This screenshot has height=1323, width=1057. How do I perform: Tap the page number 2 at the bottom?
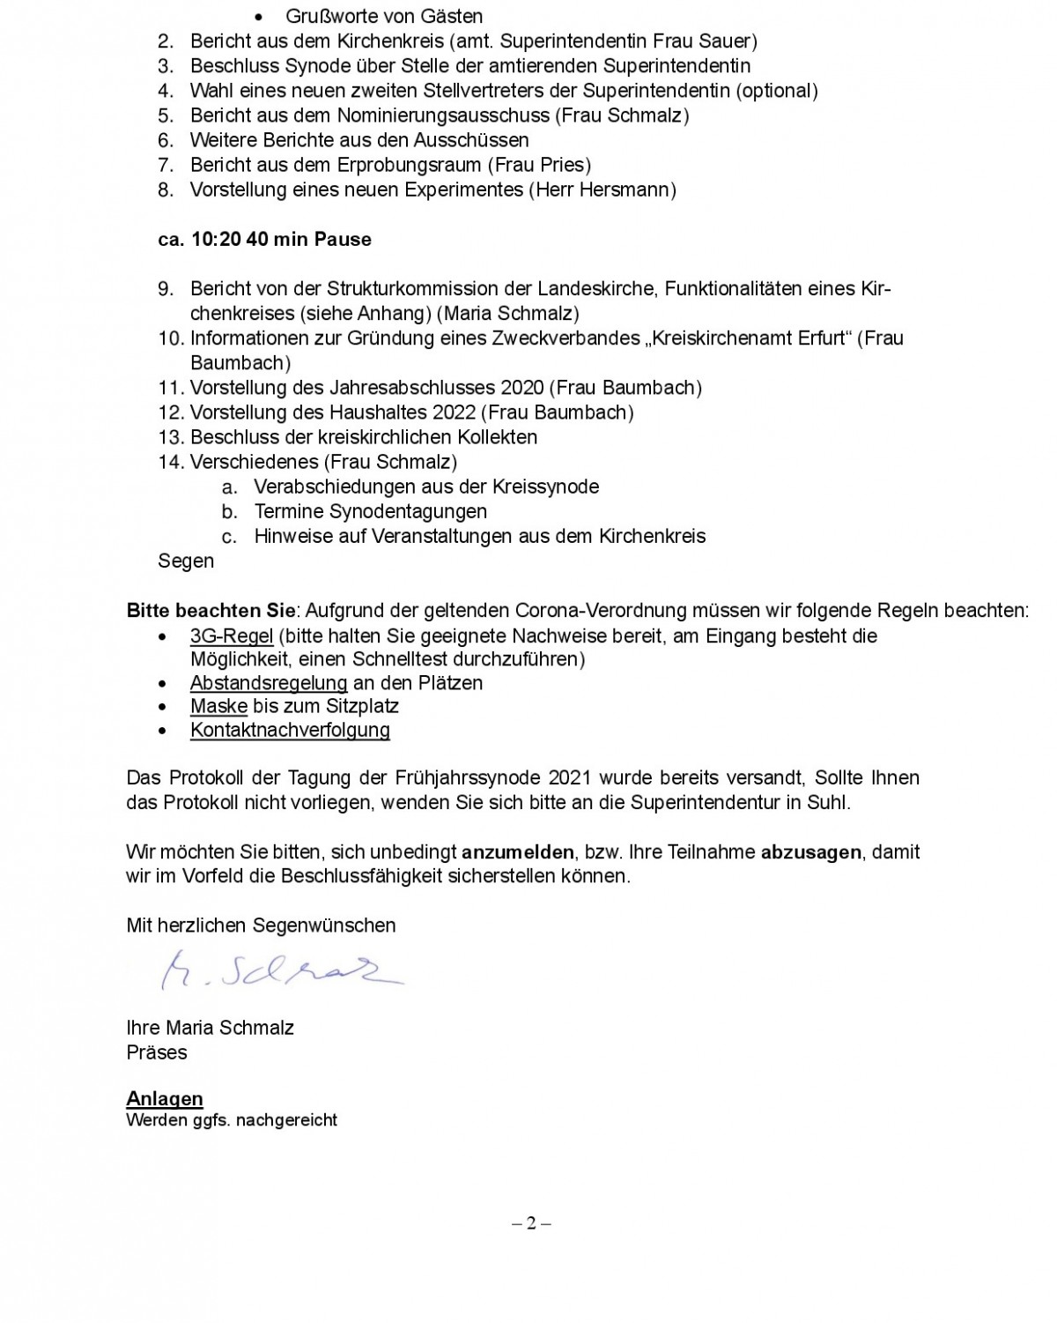531,1223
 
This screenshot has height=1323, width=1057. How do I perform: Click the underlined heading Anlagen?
165,1098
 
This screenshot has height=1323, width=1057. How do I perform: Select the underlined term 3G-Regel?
232,635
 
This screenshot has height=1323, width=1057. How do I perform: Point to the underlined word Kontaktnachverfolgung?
290,730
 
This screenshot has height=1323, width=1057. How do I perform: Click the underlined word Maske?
218,706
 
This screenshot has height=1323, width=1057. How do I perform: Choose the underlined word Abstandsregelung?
269,683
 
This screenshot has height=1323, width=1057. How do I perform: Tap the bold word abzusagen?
810,852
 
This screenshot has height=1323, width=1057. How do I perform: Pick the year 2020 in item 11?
522,388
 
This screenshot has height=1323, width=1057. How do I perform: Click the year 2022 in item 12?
454,413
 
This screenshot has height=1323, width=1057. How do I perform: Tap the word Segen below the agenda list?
186,561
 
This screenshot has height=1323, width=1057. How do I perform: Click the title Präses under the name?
157,1052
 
